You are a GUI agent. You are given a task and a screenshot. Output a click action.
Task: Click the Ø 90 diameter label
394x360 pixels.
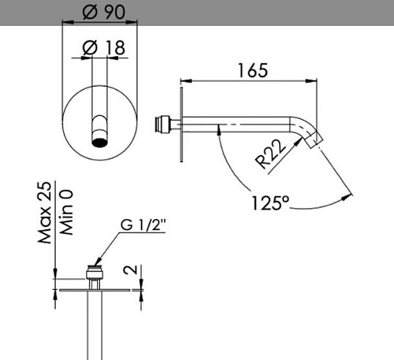[104, 12]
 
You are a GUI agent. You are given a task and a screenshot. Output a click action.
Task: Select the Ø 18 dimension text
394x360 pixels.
[103, 47]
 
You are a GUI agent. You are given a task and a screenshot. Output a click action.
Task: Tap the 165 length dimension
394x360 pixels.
[253, 70]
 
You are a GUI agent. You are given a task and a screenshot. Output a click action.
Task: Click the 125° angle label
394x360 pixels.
[270, 203]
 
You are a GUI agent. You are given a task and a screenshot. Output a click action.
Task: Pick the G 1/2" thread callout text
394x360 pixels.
[143, 225]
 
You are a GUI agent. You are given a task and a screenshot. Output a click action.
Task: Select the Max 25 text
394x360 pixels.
[45, 213]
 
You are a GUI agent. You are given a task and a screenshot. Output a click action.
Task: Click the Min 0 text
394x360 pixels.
[66, 212]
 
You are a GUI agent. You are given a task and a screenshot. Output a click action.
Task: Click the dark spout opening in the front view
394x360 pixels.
[100, 142]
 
